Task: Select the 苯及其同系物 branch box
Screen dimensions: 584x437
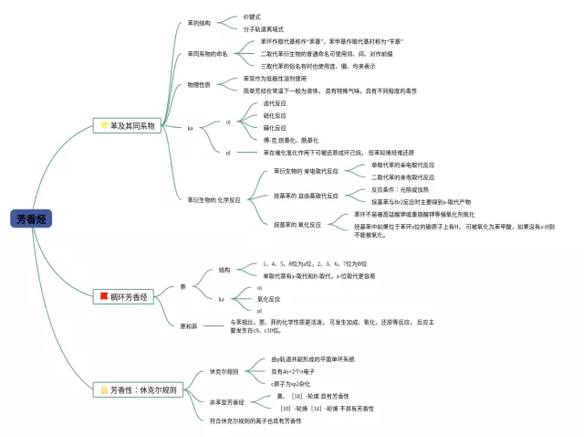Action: point(128,124)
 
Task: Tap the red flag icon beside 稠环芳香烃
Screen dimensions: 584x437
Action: point(104,296)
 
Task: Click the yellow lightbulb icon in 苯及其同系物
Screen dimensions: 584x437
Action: point(104,124)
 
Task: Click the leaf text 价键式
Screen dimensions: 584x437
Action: point(252,16)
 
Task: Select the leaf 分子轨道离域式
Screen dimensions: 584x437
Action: point(263,28)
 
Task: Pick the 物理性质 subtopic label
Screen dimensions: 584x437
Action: point(198,84)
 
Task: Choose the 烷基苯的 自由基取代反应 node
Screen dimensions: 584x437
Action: point(306,196)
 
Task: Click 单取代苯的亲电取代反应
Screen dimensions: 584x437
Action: point(403,165)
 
